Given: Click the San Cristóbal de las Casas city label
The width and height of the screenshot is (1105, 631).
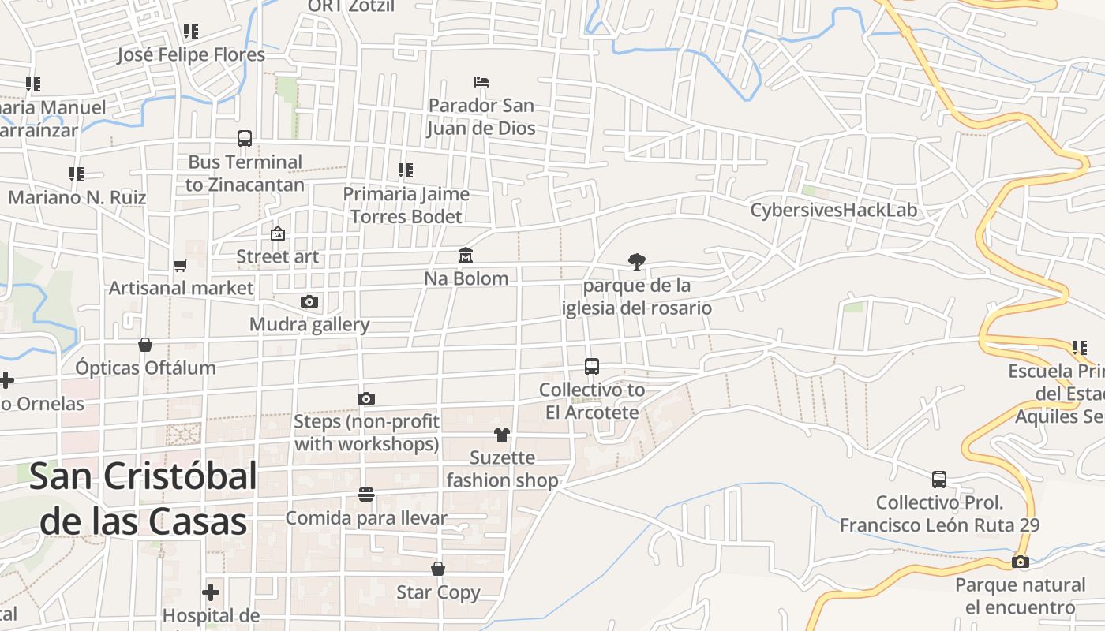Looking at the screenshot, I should click(x=143, y=498).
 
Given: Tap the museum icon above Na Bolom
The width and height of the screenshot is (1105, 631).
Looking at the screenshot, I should click(x=466, y=256).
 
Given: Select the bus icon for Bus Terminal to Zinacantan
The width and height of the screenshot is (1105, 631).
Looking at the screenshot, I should click(x=245, y=139).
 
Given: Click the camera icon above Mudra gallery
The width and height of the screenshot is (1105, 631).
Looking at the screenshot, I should click(x=309, y=301).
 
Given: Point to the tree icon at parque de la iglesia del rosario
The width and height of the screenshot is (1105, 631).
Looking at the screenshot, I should click(x=636, y=261).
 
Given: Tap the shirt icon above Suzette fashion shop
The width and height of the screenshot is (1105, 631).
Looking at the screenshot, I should click(x=502, y=434).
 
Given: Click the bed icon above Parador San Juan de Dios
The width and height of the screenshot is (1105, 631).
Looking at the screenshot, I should click(x=481, y=82).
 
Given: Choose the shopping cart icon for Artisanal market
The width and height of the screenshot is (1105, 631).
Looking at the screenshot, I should click(x=181, y=266).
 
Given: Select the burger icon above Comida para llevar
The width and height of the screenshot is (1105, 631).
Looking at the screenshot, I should click(x=365, y=495).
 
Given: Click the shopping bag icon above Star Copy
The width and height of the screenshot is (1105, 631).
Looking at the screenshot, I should click(x=438, y=569).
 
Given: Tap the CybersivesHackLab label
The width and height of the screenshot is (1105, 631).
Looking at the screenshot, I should click(x=833, y=211).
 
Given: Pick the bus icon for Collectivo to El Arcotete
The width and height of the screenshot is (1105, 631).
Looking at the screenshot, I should click(x=592, y=367).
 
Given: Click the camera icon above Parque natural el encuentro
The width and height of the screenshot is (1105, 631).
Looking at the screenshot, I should click(x=1021, y=562).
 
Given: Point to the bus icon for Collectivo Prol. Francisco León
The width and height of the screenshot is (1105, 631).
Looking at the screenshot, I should click(x=939, y=480).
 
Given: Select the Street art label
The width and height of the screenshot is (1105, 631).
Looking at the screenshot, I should click(x=278, y=256).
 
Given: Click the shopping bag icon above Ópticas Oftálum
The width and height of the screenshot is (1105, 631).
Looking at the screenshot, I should click(x=145, y=345).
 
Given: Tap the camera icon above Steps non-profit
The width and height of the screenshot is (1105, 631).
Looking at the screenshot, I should click(x=366, y=399).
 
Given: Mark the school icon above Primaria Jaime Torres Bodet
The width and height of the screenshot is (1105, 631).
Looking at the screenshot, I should click(x=406, y=170).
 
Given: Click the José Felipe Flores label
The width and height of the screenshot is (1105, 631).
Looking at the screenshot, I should click(x=191, y=54).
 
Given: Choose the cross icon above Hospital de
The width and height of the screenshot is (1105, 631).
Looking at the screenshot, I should click(x=211, y=592).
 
